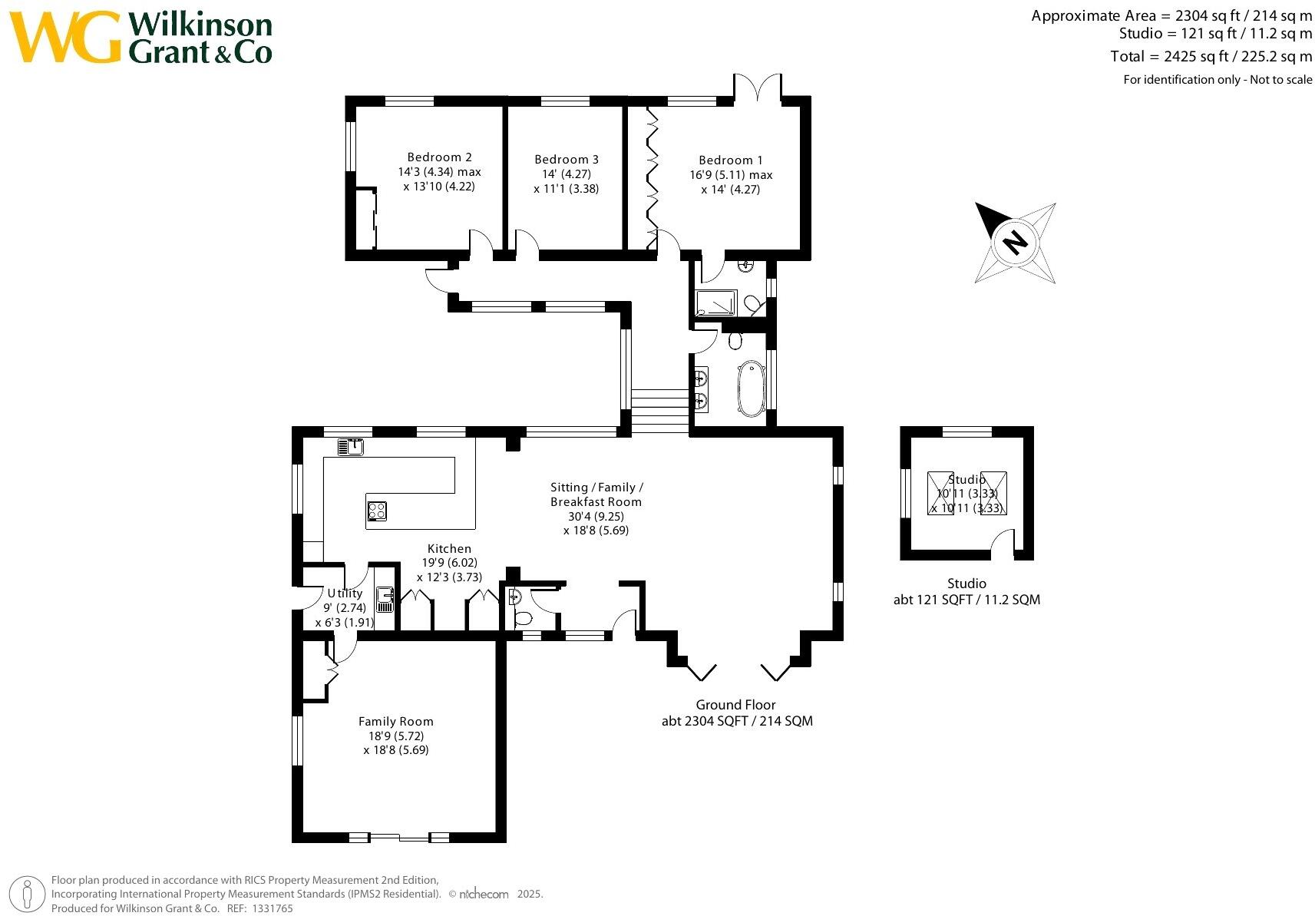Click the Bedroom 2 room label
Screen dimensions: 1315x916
[x=439, y=157]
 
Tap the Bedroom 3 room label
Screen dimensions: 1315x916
[x=567, y=160]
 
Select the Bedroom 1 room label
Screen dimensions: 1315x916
[x=730, y=160]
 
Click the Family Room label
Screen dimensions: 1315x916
[x=395, y=722]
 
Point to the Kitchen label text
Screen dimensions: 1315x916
[x=449, y=548]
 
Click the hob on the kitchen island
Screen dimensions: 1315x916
[x=377, y=511]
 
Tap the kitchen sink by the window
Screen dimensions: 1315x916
[x=351, y=447]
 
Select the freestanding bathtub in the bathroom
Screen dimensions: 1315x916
[x=752, y=389]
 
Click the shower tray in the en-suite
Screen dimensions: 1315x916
[x=715, y=303]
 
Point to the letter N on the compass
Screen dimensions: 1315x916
[x=1015, y=242]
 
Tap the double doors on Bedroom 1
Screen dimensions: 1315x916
[x=758, y=87]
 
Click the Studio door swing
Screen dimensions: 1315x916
[x=1002, y=541]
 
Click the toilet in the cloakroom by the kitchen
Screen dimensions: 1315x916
[x=523, y=618]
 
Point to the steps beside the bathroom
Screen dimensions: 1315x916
[x=660, y=411]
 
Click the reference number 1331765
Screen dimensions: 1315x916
[x=273, y=908]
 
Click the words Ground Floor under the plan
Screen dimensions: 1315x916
[x=735, y=705]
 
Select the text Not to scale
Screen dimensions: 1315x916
[x=1281, y=80]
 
